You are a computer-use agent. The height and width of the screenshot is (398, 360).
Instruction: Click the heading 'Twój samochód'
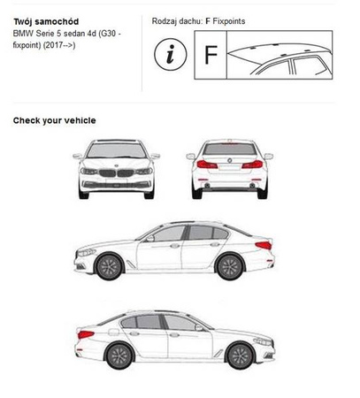[x=46, y=22]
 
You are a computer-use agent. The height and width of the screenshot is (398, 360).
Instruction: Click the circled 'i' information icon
[x=171, y=55]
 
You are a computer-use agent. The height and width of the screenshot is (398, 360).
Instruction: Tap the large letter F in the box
[x=211, y=55]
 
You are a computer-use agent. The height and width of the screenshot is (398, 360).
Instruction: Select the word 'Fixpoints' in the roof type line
[x=229, y=21]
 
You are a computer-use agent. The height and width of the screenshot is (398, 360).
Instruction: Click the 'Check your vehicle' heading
[x=55, y=120]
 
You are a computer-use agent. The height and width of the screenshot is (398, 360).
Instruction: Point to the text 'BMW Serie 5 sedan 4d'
[x=55, y=34]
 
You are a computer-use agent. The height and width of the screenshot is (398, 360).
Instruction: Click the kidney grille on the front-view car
[x=116, y=173]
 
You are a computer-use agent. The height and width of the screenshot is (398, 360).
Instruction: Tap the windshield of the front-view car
[x=117, y=150]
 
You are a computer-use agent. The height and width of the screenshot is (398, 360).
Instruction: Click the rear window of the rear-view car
[x=229, y=149]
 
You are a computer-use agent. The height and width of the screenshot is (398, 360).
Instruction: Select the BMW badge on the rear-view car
[x=229, y=160]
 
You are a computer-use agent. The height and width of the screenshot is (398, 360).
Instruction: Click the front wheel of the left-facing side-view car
[x=109, y=266]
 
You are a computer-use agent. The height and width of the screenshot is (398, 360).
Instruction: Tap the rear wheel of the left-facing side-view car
[x=230, y=266]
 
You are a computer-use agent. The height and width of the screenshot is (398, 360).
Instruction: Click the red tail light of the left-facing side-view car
[x=264, y=245]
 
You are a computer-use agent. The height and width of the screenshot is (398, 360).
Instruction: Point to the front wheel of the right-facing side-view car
[x=241, y=356]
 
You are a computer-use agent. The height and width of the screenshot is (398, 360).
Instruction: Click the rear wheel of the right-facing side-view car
[x=119, y=356]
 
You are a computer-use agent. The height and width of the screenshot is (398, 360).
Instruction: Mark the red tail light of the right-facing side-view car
[x=86, y=334]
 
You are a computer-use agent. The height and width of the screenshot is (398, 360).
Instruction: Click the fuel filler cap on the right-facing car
[x=113, y=332]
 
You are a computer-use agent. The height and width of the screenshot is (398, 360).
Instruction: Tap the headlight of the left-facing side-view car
[x=87, y=252]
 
